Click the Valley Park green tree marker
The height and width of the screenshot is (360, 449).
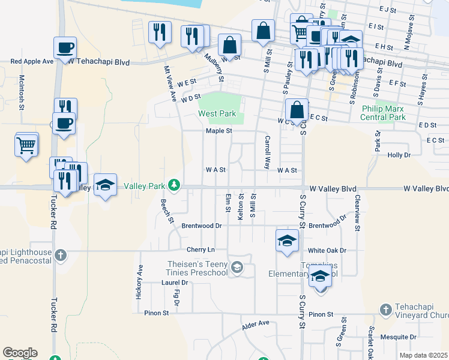pos(174,185)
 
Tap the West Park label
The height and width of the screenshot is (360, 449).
pos(217,113)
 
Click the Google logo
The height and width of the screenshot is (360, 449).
pos(20,353)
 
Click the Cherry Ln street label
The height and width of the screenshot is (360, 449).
pos(200,250)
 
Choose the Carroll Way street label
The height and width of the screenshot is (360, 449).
pos(267,152)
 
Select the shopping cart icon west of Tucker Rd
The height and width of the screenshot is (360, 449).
pos(26,146)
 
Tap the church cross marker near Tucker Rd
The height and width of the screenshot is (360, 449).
pos(60,255)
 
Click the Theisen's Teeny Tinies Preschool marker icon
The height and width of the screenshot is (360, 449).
pos(237,267)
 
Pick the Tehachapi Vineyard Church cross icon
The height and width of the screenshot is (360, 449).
pos(386,310)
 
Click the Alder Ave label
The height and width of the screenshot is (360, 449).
pos(256,325)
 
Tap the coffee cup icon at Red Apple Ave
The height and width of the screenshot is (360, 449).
pos(65,47)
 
